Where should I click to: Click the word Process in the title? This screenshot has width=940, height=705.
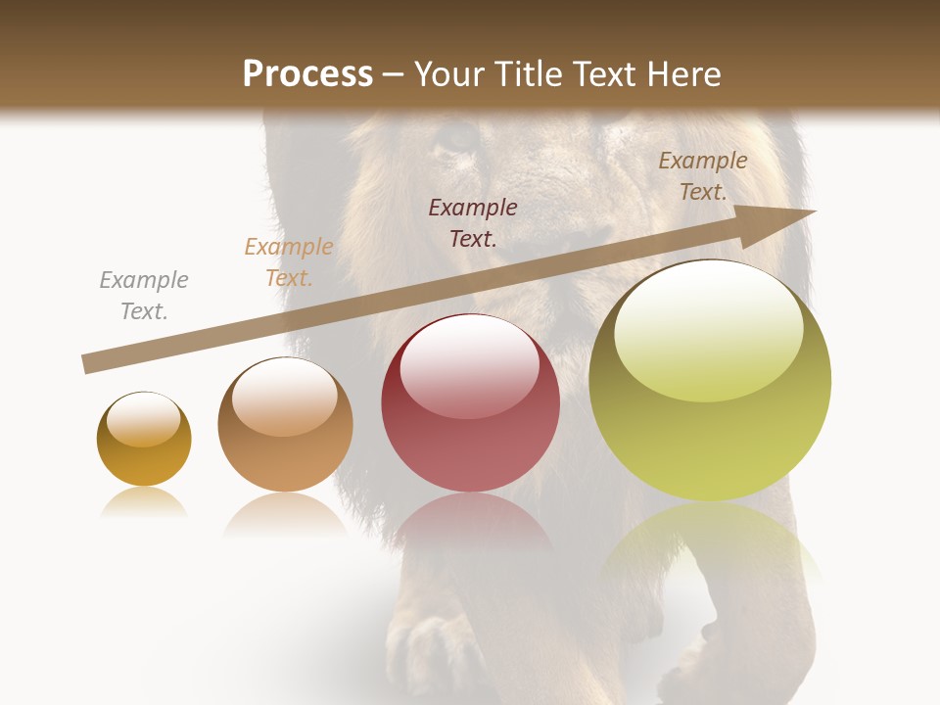(x=307, y=74)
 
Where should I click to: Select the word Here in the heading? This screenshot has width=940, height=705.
(x=685, y=74)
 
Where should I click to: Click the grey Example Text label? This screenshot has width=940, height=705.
(x=144, y=296)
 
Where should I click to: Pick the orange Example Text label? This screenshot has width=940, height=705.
(x=289, y=262)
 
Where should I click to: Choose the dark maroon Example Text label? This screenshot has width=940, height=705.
(x=473, y=222)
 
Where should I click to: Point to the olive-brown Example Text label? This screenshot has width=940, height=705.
(x=703, y=176)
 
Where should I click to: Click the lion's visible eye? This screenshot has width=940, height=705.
(x=456, y=138)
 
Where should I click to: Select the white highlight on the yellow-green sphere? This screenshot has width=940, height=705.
(x=708, y=328)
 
